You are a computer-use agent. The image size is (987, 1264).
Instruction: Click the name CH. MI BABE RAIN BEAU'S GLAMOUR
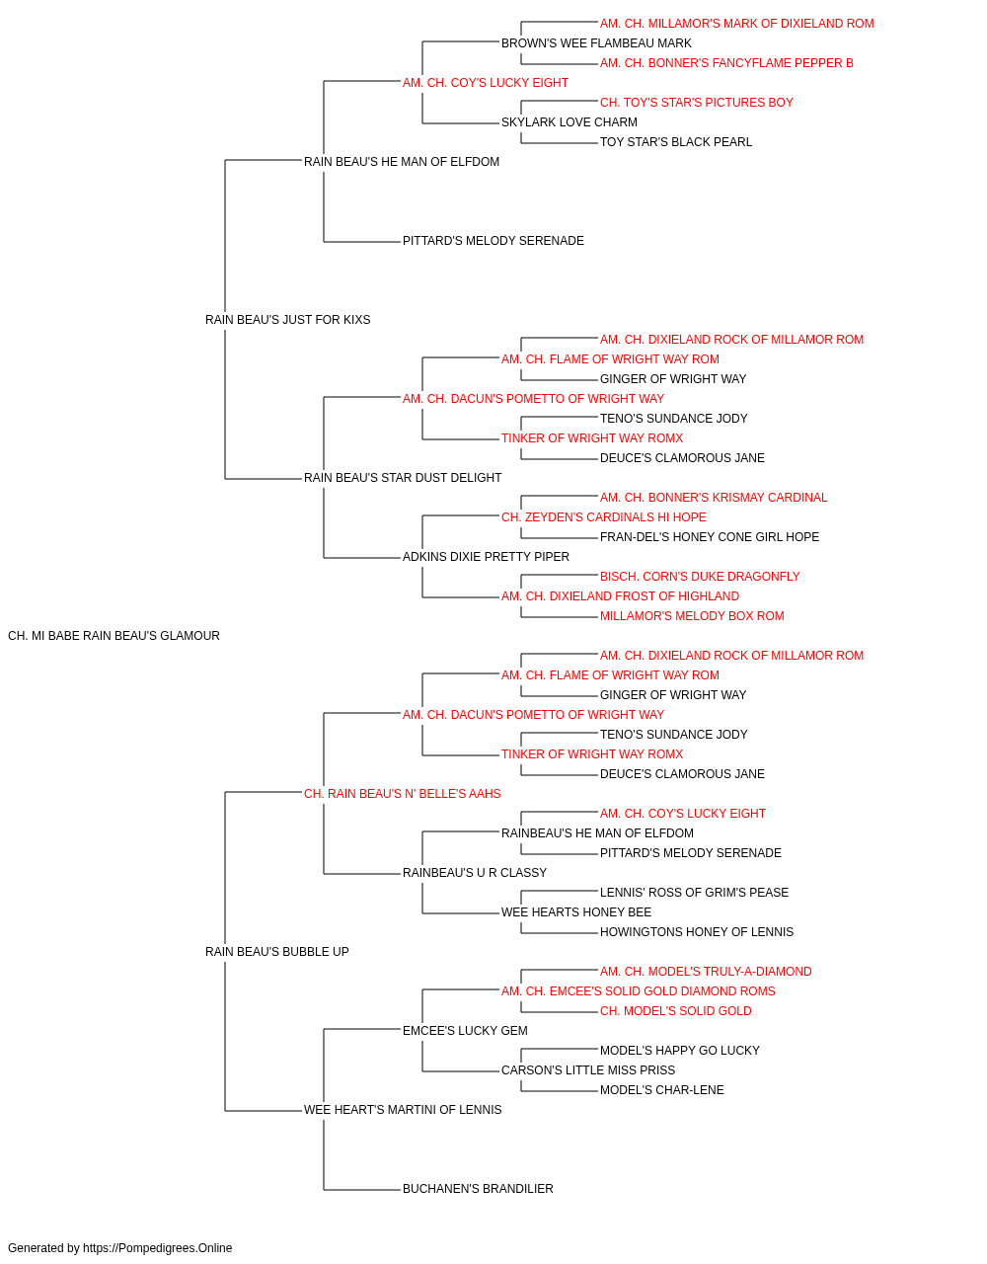(114, 636)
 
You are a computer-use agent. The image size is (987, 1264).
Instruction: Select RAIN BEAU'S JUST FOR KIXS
(288, 320)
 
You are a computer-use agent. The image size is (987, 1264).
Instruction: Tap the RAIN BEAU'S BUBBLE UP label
(276, 952)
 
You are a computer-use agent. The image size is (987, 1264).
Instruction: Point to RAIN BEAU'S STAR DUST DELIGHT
(403, 478)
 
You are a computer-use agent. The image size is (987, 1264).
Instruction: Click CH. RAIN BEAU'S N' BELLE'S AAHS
(403, 794)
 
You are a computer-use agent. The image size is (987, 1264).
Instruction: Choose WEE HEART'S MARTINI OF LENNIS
(403, 1110)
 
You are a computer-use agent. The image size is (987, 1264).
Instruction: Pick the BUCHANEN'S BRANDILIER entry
(478, 1189)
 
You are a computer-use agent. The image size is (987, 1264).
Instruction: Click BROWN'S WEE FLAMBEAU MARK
(596, 43)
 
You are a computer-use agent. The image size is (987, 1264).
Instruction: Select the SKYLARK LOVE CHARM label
(569, 122)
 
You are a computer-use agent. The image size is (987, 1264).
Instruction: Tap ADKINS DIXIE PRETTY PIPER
(486, 557)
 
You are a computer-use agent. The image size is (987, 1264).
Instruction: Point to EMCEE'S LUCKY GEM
(465, 1031)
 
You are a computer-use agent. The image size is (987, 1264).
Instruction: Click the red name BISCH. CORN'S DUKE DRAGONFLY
(700, 577)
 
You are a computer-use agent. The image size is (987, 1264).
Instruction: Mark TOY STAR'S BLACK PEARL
(676, 142)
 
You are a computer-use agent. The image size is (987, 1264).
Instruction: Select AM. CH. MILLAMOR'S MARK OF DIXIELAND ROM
(737, 24)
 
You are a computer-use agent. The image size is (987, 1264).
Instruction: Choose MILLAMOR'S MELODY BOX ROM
(692, 616)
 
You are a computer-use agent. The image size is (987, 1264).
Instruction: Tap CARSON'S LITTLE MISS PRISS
(588, 1070)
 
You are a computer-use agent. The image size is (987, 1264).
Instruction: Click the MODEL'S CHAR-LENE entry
(662, 1090)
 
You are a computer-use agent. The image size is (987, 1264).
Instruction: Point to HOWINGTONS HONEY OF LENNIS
(697, 932)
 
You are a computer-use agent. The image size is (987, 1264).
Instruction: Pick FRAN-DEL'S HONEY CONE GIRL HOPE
(710, 537)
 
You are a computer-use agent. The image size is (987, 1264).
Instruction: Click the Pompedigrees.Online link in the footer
(158, 1248)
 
